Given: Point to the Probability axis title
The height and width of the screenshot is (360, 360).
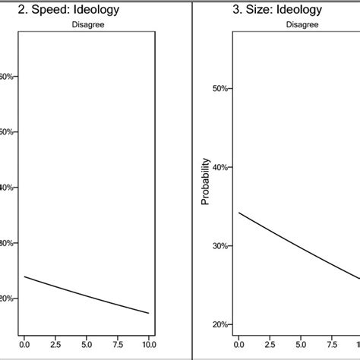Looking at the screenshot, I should tap(205, 185).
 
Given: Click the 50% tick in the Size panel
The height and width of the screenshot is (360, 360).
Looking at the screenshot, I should tap(219, 89).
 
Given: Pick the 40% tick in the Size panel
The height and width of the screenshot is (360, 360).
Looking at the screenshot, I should tap(219, 167).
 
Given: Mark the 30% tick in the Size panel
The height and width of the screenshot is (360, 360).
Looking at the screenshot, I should tap(219, 246).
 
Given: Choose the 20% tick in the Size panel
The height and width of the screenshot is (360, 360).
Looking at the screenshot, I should tap(219, 324).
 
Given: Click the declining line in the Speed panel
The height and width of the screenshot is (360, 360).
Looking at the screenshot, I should tap(87, 295).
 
